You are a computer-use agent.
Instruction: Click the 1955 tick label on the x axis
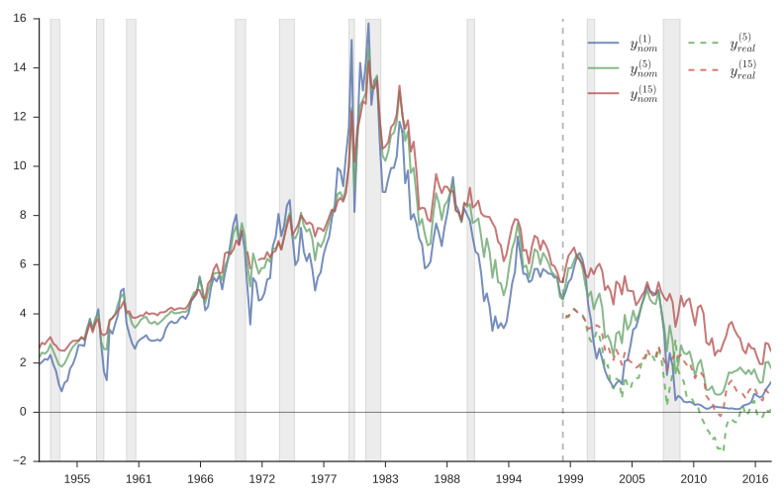coord(77,478)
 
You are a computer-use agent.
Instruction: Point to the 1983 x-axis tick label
coord(385,478)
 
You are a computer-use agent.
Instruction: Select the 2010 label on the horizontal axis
coord(694,478)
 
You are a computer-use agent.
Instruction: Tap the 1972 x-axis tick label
coord(262,478)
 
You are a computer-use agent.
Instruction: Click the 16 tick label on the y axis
coord(20,19)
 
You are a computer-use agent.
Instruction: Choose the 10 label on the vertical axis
coord(20,166)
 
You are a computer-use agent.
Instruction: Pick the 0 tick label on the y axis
coord(23,412)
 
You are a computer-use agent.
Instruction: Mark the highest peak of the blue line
coord(368,23)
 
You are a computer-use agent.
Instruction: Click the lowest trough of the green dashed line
coord(723,449)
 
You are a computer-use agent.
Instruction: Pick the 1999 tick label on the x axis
coord(570,478)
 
